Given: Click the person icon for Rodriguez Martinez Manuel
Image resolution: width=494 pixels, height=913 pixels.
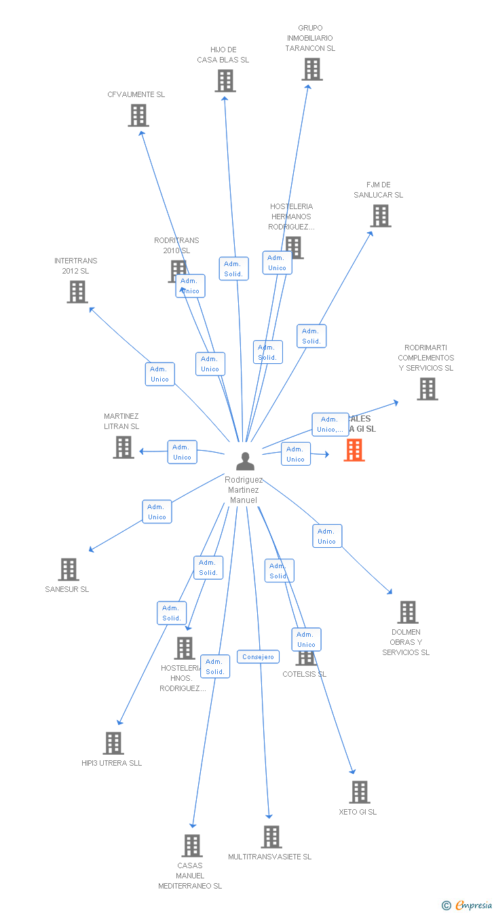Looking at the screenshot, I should [x=245, y=461].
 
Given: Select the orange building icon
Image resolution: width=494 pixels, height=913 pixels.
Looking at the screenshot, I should [x=354, y=449].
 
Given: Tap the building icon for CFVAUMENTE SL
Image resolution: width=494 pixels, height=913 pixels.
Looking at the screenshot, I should [x=138, y=115].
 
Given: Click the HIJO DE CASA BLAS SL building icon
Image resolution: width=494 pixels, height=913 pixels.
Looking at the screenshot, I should [x=225, y=81].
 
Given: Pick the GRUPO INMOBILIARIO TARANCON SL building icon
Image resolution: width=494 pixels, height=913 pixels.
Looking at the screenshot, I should [x=312, y=69].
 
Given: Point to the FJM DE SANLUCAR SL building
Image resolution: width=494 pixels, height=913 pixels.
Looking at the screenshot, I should [x=381, y=216].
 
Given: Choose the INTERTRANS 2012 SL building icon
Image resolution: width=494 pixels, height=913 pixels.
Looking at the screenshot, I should [x=77, y=292].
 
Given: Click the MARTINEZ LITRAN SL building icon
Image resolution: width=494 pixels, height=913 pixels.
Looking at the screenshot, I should [x=123, y=447].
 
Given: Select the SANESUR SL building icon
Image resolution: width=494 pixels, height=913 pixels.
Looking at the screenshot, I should [x=69, y=570].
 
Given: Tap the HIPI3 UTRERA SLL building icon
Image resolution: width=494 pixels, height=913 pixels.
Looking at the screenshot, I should [x=113, y=743].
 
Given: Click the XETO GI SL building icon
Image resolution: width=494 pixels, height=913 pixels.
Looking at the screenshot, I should [x=360, y=792].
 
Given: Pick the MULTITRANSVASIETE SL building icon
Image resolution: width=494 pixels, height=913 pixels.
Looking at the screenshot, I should [x=271, y=837].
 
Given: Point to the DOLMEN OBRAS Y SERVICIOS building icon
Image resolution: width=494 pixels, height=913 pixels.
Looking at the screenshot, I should [x=407, y=612].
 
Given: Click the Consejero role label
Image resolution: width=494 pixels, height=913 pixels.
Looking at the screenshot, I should [x=259, y=657].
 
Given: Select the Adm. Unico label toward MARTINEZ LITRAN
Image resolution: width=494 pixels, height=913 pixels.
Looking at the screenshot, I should [x=182, y=452].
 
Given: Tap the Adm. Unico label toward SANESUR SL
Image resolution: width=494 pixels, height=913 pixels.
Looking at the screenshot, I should [x=157, y=512].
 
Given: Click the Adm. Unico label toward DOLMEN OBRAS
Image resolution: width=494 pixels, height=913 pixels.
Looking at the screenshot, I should [x=327, y=536].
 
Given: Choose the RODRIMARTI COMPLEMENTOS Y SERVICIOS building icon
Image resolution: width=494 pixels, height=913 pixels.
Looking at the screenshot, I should [x=427, y=389].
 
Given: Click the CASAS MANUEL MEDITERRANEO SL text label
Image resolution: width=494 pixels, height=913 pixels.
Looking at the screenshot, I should [x=190, y=876].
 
